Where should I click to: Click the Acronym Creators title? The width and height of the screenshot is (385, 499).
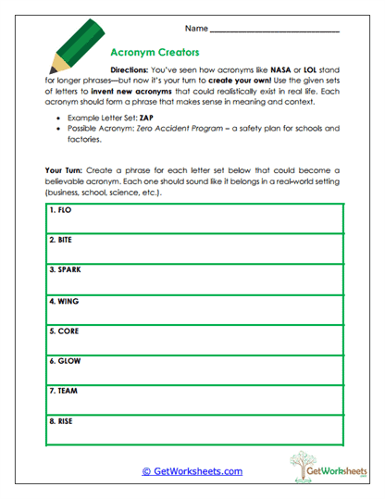click(x=155, y=54)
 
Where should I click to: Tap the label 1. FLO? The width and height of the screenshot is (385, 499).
click(x=61, y=210)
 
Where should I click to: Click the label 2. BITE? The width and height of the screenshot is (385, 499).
click(x=62, y=240)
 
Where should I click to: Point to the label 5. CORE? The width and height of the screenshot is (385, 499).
click(x=64, y=331)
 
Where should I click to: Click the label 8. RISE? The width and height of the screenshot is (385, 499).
click(x=62, y=421)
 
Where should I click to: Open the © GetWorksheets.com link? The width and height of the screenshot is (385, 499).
click(x=192, y=471)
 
